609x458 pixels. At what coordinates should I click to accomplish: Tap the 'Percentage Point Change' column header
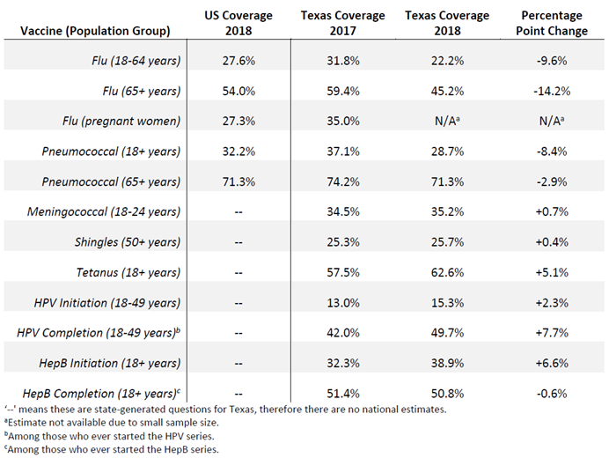click(x=551, y=23)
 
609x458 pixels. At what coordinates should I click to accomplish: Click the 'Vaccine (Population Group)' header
click(x=99, y=32)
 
